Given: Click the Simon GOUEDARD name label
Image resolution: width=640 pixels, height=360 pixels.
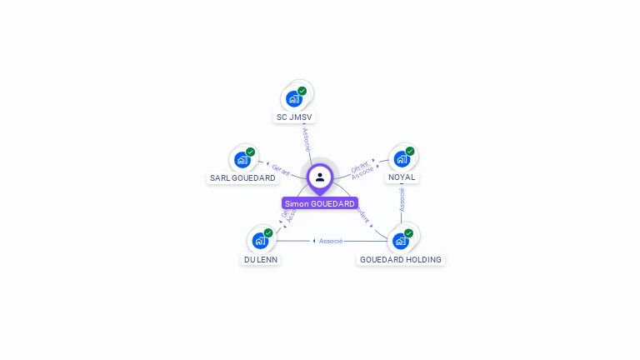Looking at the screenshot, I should pyautogui.click(x=319, y=203).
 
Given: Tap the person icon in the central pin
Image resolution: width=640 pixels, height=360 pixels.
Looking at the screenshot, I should pyautogui.click(x=320, y=177).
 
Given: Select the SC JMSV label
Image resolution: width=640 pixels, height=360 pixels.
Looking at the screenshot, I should pyautogui.click(x=295, y=117).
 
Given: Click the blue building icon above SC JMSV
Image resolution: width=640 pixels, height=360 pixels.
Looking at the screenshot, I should pyautogui.click(x=293, y=99).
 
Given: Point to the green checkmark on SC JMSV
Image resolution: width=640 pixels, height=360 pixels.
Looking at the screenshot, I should pyautogui.click(x=302, y=91).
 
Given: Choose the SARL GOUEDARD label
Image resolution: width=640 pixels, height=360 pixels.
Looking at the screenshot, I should pyautogui.click(x=242, y=177).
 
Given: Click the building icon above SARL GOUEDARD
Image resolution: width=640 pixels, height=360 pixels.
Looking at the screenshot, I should pyautogui.click(x=242, y=159).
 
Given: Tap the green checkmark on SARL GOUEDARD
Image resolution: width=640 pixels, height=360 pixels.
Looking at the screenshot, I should pyautogui.click(x=250, y=152).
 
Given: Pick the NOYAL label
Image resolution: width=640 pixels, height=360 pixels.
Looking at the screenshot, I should pyautogui.click(x=402, y=177).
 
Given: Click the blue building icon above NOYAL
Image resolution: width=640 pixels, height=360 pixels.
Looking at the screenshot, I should pyautogui.click(x=402, y=159).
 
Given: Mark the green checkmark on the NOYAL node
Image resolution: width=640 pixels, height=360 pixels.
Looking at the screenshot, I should pyautogui.click(x=410, y=152).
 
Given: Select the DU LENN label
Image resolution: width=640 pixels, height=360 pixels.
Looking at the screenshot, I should pyautogui.click(x=261, y=259).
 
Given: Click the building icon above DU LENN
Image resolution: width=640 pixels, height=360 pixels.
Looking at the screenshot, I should pyautogui.click(x=260, y=241).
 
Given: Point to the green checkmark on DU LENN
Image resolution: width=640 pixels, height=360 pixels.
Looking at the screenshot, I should pyautogui.click(x=268, y=233).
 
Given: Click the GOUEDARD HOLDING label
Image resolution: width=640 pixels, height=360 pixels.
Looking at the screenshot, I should pyautogui.click(x=401, y=259).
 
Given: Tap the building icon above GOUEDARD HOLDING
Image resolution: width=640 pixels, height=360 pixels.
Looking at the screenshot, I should pyautogui.click(x=400, y=241).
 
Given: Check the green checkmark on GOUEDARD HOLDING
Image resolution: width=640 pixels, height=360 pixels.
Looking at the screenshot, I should pyautogui.click(x=408, y=233).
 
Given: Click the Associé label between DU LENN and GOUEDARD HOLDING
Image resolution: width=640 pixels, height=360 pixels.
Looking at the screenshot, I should pyautogui.click(x=331, y=241).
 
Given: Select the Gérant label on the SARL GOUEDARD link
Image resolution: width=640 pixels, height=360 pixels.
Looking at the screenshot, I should pyautogui.click(x=281, y=171).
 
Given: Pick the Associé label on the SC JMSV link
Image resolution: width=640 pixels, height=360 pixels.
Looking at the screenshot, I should pyautogui.click(x=306, y=138).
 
